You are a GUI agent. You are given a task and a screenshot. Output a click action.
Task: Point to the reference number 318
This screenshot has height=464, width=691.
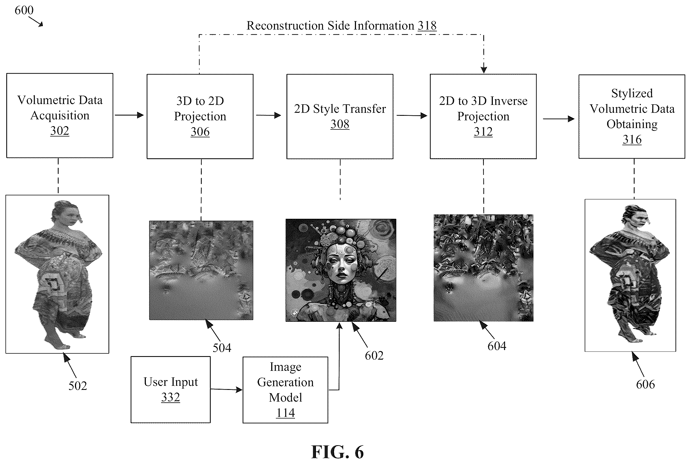[x=427, y=26]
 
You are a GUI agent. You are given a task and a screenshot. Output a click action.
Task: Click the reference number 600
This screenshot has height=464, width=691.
[x=24, y=10]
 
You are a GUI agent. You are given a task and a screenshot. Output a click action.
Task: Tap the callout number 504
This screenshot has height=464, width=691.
[x=222, y=348]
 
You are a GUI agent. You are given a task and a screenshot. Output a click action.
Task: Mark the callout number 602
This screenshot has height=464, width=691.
[x=374, y=355]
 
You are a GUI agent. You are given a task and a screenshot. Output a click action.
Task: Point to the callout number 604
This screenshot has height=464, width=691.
[x=497, y=346]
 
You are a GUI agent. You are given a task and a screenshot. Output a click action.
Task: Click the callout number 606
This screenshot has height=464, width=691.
[x=645, y=384]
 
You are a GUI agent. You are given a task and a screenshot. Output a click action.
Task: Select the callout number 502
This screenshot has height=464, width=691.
[x=78, y=386]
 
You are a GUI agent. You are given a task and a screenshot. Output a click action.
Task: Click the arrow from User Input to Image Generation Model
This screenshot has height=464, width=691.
[x=227, y=390]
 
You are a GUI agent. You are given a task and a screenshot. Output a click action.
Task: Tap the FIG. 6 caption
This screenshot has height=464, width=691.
[x=337, y=452]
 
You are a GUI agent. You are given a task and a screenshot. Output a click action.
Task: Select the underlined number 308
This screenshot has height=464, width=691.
[x=340, y=124]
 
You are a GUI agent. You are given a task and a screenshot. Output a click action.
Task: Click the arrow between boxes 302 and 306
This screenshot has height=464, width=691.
[x=129, y=115]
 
